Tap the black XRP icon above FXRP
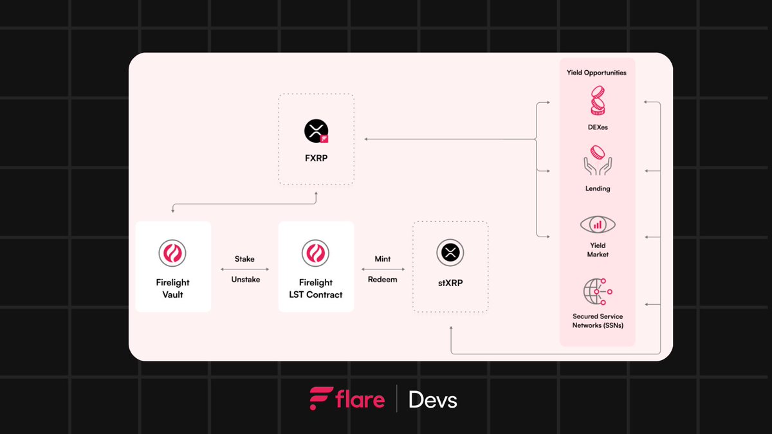[316, 131]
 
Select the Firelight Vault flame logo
[172, 253]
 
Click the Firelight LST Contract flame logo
[316, 253]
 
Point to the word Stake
[244, 259]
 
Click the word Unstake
[246, 280]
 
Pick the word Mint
[383, 259]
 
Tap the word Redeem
[383, 280]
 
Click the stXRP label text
[450, 281]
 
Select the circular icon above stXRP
[450, 252]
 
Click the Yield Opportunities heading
[597, 73]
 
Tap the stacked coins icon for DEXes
[598, 102]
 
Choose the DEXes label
[598, 127]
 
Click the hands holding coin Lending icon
[598, 161]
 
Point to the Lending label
[598, 189]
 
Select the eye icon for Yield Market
[598, 225]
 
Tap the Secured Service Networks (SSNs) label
[598, 321]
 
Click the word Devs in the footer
[433, 401]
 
